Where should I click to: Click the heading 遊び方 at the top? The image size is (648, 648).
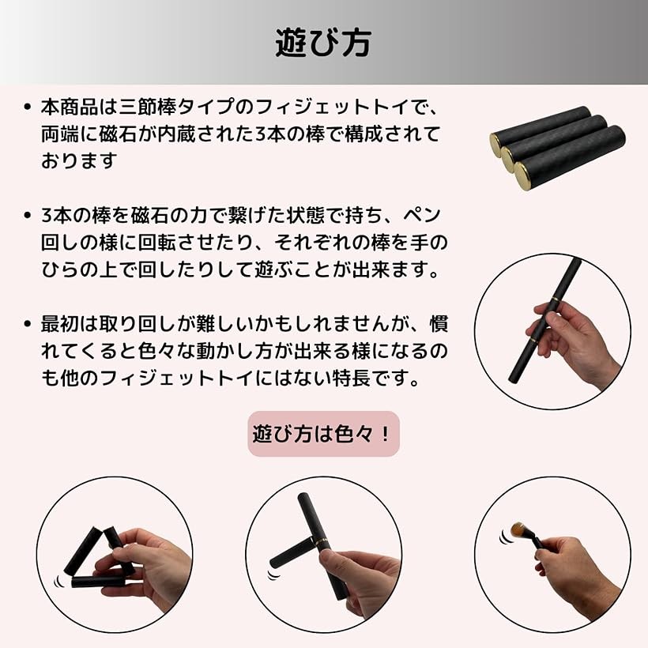(x=323, y=43)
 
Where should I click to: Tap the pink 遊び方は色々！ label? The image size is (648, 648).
(x=324, y=434)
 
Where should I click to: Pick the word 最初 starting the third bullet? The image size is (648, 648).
(x=60, y=323)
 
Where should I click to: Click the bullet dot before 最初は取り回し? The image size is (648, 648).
(x=28, y=324)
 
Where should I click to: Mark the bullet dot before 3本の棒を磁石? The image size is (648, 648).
(x=28, y=215)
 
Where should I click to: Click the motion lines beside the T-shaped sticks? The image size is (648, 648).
(x=273, y=575)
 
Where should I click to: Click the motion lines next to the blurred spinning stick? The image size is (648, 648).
(x=503, y=536)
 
